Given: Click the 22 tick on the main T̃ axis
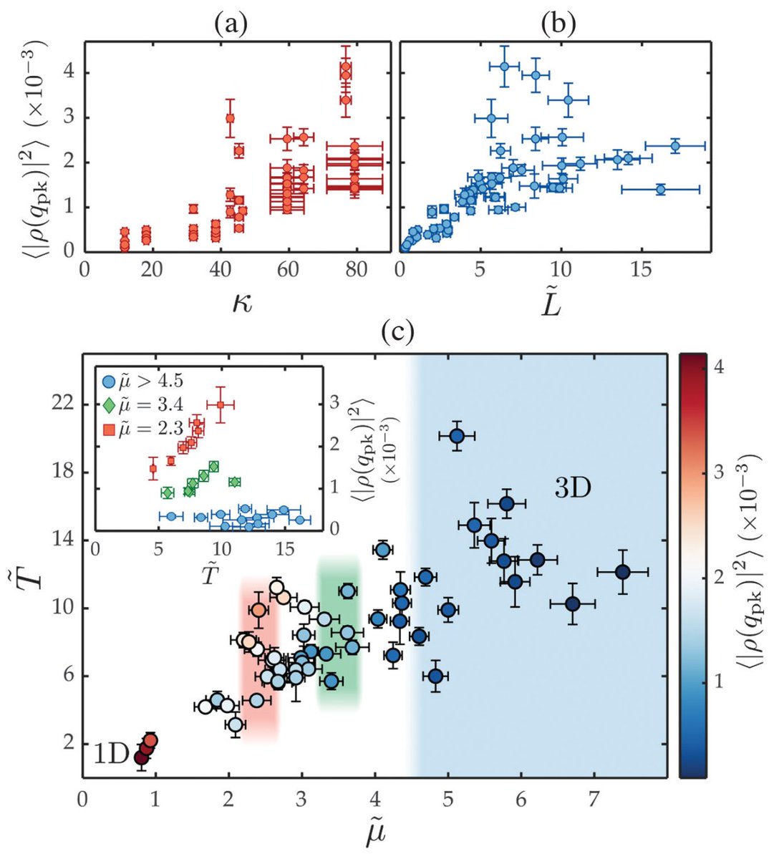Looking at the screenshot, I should (x=65, y=404).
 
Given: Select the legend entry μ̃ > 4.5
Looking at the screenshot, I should (x=146, y=381).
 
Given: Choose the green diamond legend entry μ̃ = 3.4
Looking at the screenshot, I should (x=146, y=407).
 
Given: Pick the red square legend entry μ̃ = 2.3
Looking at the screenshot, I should (x=146, y=432).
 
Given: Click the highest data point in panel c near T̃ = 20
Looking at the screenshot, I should (x=457, y=435).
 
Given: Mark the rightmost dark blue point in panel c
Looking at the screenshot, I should (x=622, y=571).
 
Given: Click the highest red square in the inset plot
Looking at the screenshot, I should (x=221, y=404).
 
